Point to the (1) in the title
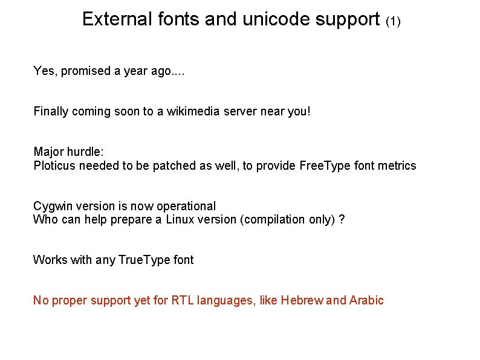click(393, 22)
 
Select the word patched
click(175, 166)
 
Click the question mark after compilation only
click(342, 220)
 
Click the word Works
click(50, 260)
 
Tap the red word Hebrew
click(302, 301)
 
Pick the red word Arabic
click(366, 301)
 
